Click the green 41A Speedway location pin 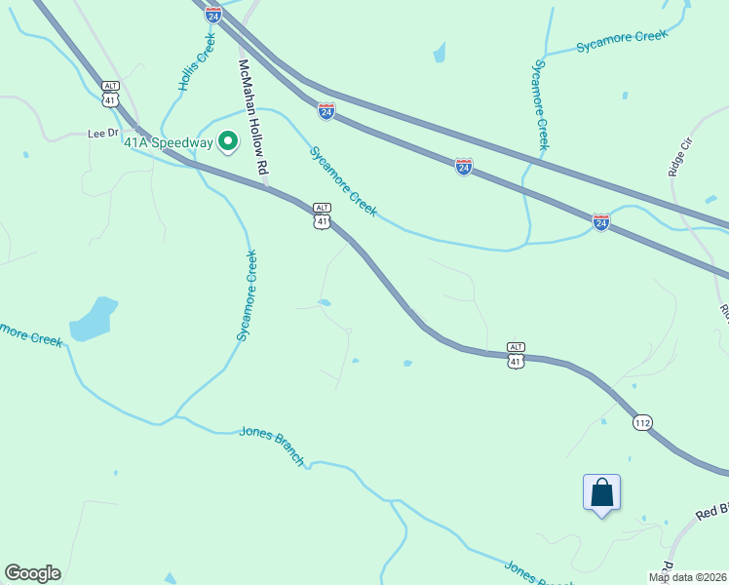pos(228,143)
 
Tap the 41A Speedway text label pos(168,142)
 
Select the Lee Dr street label pos(102,133)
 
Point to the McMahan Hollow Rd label pos(251,117)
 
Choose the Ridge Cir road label pos(678,156)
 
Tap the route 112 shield pos(641,422)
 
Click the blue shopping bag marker pos(601,491)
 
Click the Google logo pos(32,573)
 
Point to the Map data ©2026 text pos(687,577)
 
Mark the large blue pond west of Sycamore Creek pos(95,319)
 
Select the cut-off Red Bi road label pos(710,512)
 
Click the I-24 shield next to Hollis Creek pos(213,14)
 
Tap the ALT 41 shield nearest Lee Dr pos(110,95)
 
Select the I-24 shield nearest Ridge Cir pos(600,222)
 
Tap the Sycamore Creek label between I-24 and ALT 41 pos(343,181)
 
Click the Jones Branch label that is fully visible pos(272,446)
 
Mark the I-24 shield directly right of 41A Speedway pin pos(326,111)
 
